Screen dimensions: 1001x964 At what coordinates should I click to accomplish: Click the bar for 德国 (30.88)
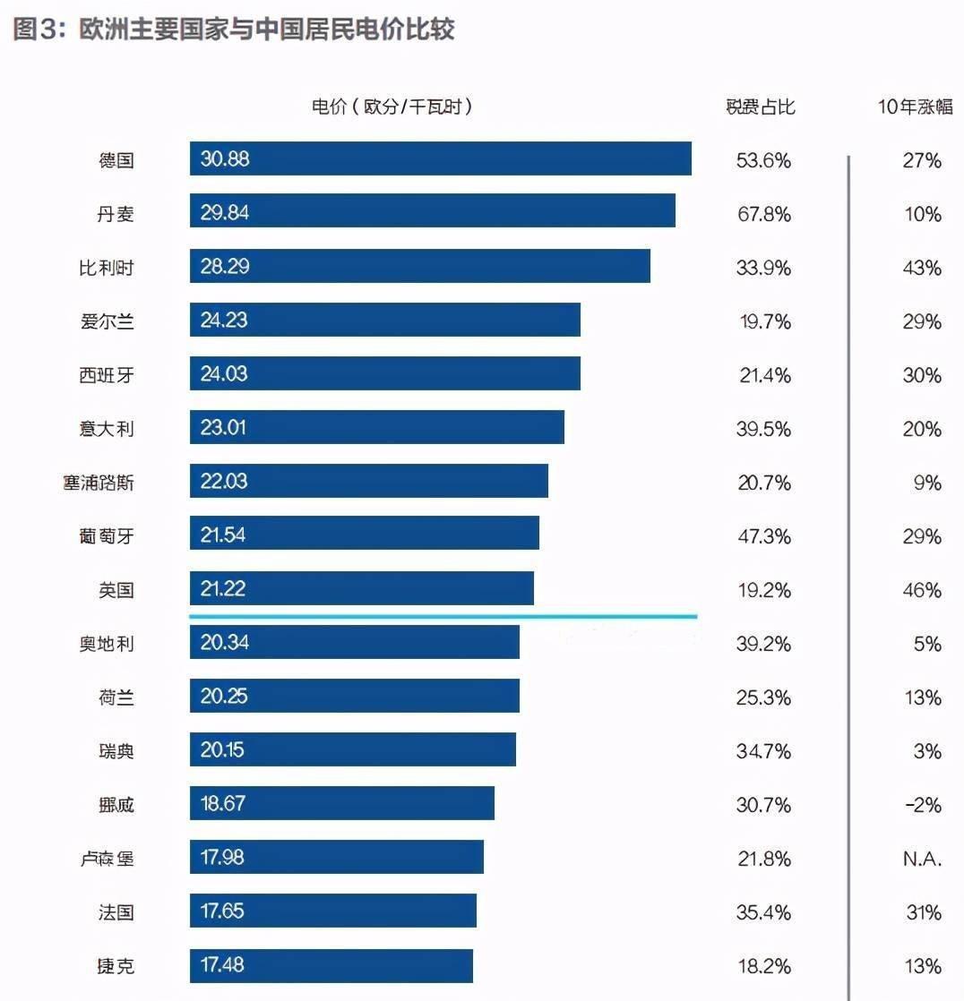pos(440,158)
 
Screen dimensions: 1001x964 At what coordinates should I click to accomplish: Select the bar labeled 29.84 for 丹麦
pos(432,212)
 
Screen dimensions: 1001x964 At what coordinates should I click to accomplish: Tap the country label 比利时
pos(107,268)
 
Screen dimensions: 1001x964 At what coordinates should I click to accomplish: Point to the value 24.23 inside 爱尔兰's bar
pos(224,320)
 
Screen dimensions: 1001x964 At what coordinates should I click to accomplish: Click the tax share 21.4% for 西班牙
pos(764,375)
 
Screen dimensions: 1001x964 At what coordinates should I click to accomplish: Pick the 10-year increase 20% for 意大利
pos(922,429)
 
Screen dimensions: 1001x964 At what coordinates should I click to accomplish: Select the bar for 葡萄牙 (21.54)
pos(364,535)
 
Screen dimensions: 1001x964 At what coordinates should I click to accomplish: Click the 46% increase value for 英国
pos(922,590)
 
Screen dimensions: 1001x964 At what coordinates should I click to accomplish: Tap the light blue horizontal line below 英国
pos(443,616)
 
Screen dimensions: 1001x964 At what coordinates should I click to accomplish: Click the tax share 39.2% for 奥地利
pos(764,644)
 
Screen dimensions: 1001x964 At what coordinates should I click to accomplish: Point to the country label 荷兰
pos(116,697)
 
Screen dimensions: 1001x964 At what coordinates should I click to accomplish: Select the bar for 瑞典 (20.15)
pos(352,749)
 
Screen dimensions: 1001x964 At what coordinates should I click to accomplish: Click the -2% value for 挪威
pos(923,805)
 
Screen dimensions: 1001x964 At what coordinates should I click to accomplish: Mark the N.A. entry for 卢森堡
pos(922,859)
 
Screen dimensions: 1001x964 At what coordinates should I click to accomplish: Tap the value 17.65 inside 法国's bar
pos(223,911)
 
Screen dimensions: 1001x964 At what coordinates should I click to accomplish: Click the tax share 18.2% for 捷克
pos(764,966)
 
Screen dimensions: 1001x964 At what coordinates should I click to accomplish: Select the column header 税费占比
pos(761,107)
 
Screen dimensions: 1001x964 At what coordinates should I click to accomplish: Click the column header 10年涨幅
pos(915,107)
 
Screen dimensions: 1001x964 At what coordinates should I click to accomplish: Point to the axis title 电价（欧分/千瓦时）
pos(392,107)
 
